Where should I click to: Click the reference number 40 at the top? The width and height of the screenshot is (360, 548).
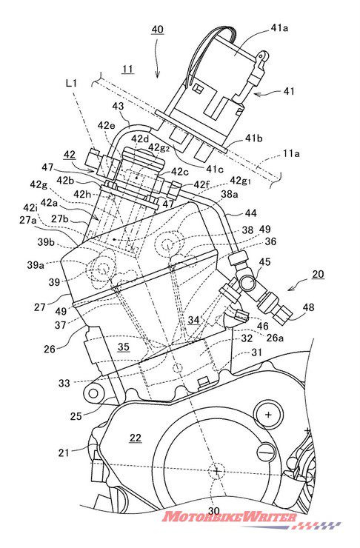click(157, 30)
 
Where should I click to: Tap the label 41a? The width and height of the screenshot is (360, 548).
click(279, 28)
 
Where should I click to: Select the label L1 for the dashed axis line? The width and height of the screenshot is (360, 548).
click(71, 83)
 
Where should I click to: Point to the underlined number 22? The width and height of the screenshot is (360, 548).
click(136, 438)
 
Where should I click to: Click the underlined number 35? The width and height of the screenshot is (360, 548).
click(124, 347)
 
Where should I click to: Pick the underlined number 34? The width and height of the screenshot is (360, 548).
click(193, 319)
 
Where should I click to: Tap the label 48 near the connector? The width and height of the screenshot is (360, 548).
click(308, 307)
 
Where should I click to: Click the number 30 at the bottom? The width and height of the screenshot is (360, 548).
click(214, 511)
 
